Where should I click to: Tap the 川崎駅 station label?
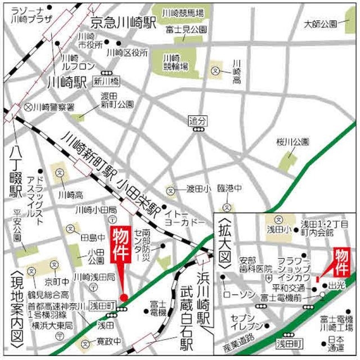pos(66,82)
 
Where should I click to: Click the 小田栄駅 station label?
pos(139,195)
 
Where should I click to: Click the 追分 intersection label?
pos(198,120)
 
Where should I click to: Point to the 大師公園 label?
pos(320,24)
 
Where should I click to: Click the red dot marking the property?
pos(123,297)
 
